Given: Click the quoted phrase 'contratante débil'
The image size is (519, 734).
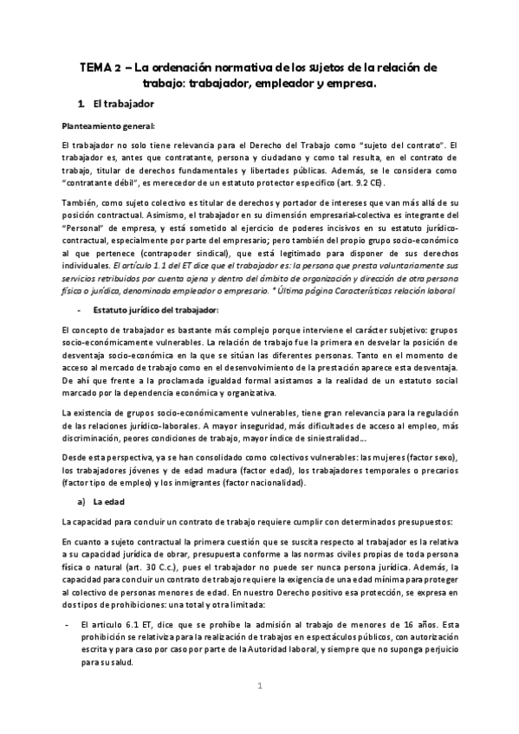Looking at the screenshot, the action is tap(101, 184).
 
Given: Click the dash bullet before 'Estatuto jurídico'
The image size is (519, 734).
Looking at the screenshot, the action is tap(79, 310).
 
